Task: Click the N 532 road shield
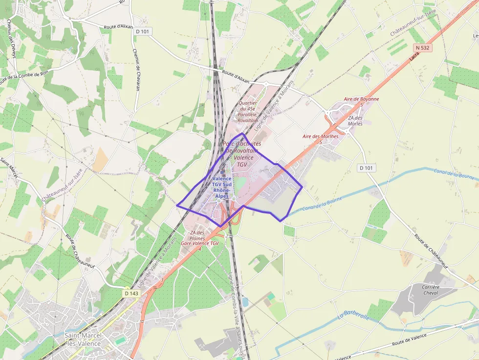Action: pos(423,48)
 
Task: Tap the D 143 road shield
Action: pos(131,294)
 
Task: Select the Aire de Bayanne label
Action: pos(361,99)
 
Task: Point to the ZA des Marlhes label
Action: pos(355,121)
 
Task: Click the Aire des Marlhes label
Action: pos(320,136)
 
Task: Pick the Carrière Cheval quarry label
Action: pos(431,290)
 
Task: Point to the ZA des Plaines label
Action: pos(197,235)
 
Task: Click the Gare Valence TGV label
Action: pos(200,243)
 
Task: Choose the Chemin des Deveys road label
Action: pos(10,42)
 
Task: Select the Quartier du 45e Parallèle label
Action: pos(248,111)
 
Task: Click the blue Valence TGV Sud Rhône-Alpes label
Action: pos(222,188)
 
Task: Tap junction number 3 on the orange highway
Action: pos(162,279)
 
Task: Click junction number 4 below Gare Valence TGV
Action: pos(200,249)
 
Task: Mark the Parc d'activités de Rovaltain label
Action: pos(241,154)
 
